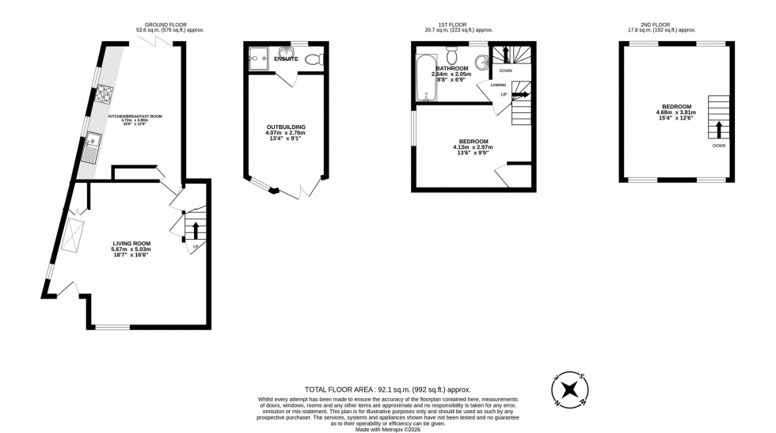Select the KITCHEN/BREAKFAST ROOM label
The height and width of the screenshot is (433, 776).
coord(135,116)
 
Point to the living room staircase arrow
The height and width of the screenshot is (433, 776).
coord(196,230)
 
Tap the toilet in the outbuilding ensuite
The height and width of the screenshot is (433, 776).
coord(313,58)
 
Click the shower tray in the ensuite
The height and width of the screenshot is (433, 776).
coord(258,57)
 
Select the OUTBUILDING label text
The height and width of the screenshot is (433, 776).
coord(286,127)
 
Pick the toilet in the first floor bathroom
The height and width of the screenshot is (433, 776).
coord(452,55)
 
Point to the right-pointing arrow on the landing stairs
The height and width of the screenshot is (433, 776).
coord(519,94)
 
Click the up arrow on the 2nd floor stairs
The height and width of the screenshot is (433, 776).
coord(718,129)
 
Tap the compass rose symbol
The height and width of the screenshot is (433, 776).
coord(569,389)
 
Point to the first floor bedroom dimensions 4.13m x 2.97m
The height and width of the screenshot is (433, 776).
coord(472,147)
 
